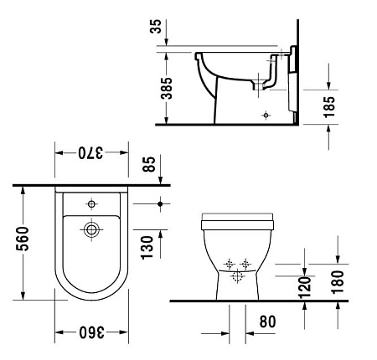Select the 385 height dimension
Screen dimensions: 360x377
point(167,89)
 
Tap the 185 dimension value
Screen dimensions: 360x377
point(329,105)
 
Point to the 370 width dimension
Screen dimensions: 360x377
point(92,154)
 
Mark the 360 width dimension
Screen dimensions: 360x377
point(92,333)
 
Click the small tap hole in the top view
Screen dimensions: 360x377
point(91,203)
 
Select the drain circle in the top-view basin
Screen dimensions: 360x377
point(92,227)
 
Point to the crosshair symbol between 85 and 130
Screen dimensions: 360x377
point(159,203)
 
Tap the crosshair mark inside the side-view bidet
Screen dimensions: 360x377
point(266,113)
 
